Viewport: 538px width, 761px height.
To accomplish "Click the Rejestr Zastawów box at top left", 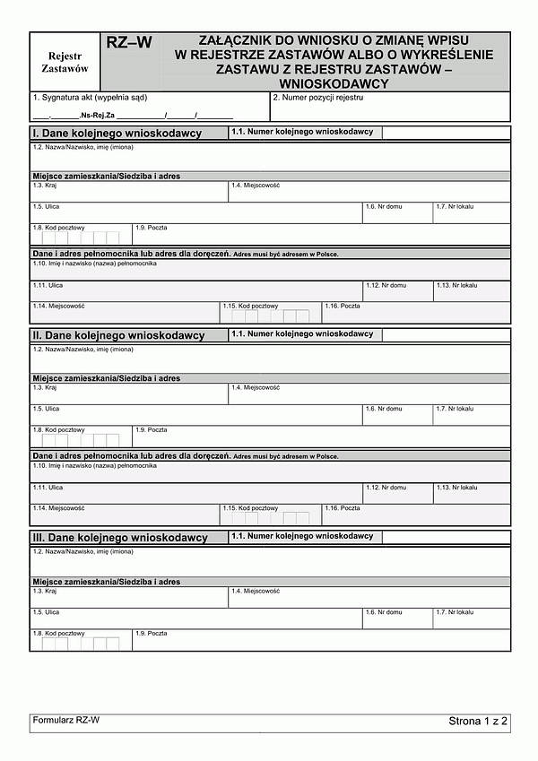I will click(x=65, y=61).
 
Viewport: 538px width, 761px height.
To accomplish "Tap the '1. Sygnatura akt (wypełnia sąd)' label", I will click(x=90, y=97).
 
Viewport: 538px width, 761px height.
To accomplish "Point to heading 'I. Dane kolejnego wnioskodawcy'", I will click(x=117, y=134).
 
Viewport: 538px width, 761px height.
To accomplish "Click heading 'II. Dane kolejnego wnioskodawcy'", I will click(x=118, y=335).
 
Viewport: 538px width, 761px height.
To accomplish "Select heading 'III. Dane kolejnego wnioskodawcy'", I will click(x=120, y=538).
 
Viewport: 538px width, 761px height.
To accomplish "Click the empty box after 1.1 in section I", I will click(x=446, y=133).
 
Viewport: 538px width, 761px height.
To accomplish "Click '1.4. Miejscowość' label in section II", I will click(x=256, y=387).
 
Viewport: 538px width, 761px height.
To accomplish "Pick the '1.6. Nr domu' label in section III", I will click(x=384, y=611).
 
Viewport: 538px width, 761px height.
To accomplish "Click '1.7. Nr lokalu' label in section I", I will click(x=455, y=207).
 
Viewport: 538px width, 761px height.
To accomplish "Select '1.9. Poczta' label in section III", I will click(x=152, y=634).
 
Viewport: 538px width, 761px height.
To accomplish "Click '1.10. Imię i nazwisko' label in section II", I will click(x=95, y=466).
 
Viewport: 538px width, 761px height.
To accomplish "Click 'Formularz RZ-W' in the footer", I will click(x=65, y=720).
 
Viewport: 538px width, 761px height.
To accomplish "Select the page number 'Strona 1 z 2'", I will click(x=479, y=721).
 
